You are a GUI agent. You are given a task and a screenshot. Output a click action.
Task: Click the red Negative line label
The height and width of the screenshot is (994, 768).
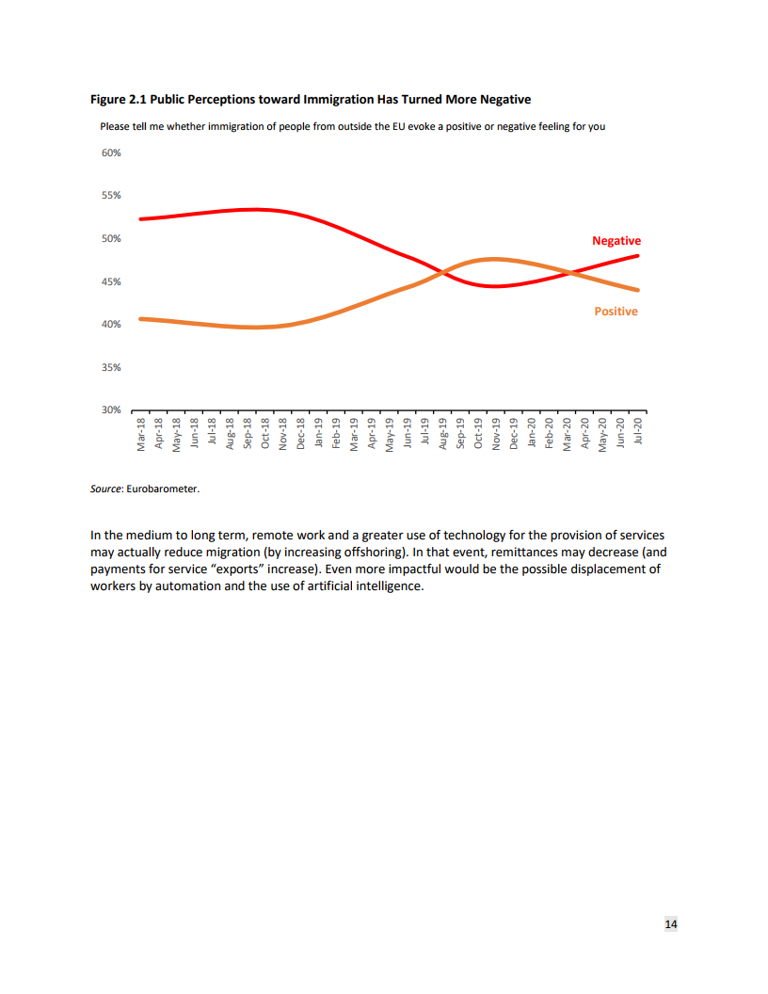click(x=616, y=241)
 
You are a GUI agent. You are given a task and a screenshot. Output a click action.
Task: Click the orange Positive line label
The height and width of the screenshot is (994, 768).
click(x=616, y=312)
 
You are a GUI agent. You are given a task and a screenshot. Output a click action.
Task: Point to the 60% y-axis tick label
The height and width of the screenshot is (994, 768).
click(x=111, y=152)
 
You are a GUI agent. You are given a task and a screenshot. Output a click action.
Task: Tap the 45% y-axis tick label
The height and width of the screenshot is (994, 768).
click(x=111, y=281)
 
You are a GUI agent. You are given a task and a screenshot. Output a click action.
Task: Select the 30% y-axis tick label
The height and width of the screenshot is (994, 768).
click(x=111, y=410)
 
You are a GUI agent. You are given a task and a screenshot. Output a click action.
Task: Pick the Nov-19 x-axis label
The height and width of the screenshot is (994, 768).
click(x=495, y=436)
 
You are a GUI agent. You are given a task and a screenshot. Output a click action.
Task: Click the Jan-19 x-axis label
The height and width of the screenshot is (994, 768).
click(x=318, y=435)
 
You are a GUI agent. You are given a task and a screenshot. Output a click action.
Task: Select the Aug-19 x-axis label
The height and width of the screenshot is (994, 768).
click(x=442, y=436)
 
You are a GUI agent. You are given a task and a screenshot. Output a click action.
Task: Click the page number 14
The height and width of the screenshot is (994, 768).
click(x=671, y=925)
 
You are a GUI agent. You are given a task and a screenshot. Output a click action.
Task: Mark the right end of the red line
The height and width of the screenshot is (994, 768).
click(x=639, y=255)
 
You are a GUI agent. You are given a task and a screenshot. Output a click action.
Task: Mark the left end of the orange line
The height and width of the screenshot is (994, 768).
click(x=139, y=318)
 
